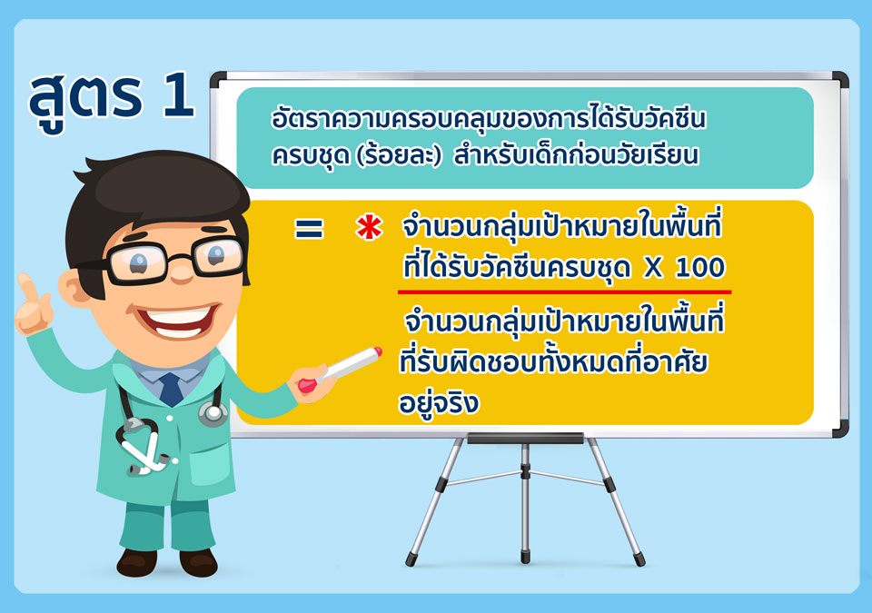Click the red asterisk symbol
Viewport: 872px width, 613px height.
click(x=369, y=229)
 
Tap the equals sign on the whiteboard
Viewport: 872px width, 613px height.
click(x=309, y=229)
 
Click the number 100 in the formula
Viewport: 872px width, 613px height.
click(x=700, y=268)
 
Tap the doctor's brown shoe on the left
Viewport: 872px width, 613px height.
click(x=135, y=563)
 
